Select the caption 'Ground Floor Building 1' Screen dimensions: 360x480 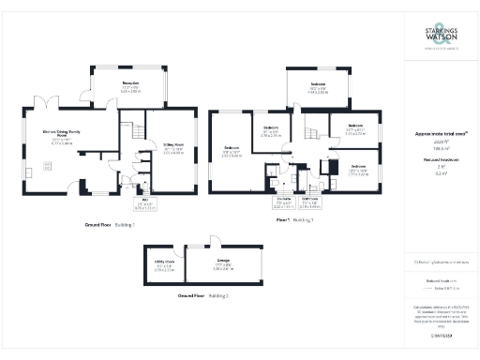(110, 226)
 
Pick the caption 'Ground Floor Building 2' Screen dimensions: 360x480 (202, 294)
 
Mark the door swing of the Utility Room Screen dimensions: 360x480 (181, 252)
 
